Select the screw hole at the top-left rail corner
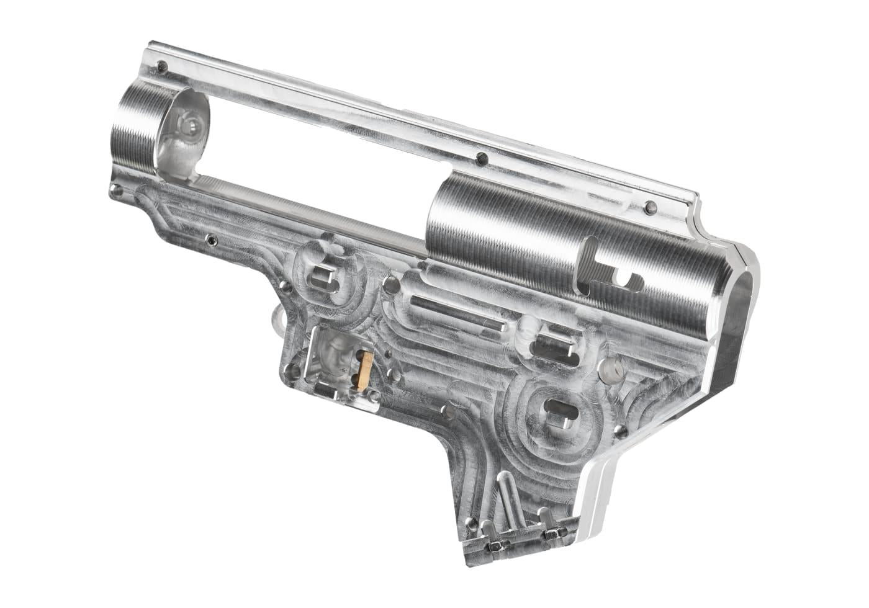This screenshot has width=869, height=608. tap(163, 66)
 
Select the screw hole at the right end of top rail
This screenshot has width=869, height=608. tap(649, 207)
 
